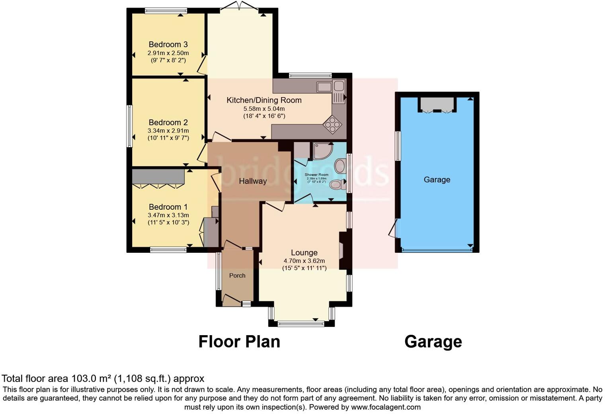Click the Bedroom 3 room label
168,44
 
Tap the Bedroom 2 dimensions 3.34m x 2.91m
168,131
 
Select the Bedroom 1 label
168,207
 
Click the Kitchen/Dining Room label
264,100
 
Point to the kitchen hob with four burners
332,124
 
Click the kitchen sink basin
324,86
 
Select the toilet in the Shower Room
337,184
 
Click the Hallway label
253,181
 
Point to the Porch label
237,275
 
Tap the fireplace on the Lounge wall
342,251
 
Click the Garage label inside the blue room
437,180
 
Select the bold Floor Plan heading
239,342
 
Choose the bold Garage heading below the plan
433,342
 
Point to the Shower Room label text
316,175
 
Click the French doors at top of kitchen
240,6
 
